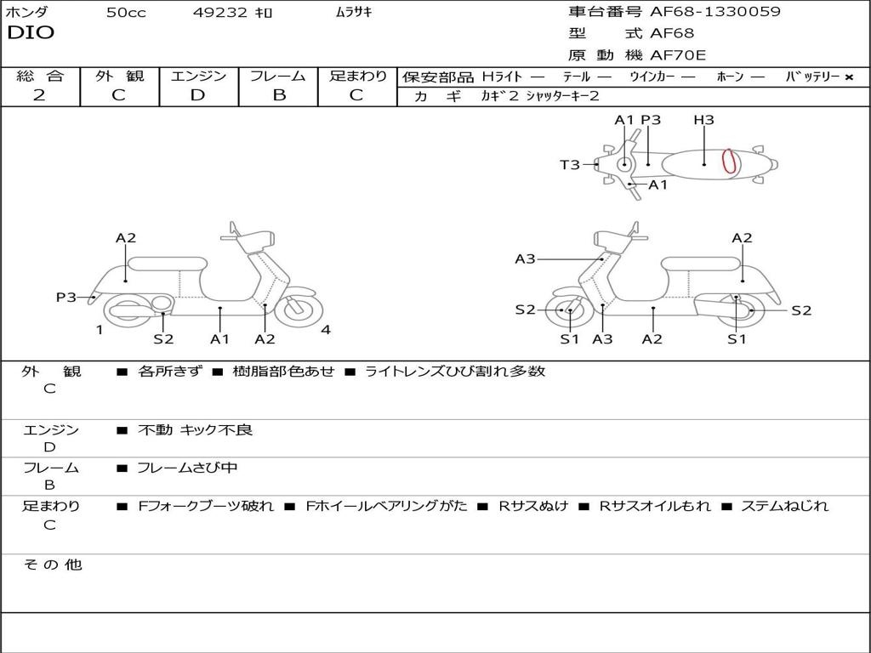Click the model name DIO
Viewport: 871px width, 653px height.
tap(31, 33)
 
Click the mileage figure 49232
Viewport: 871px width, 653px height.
tap(220, 13)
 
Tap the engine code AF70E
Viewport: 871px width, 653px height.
tap(679, 56)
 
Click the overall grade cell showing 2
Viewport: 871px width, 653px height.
tap(39, 95)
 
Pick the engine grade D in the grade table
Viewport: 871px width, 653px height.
tap(197, 95)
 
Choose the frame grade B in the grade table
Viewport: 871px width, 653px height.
tap(279, 95)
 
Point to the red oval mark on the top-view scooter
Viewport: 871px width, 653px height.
tap(729, 161)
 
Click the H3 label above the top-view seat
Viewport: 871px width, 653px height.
tap(703, 121)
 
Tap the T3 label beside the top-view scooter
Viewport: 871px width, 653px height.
tap(569, 165)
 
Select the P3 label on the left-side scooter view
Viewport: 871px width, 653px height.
tap(66, 298)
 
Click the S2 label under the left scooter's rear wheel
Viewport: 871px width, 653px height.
tap(163, 339)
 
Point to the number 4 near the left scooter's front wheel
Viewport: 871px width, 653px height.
tap(326, 331)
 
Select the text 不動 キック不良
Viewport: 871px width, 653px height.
tap(196, 430)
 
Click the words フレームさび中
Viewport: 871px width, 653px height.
tap(188, 468)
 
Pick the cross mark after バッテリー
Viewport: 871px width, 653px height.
tap(849, 77)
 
